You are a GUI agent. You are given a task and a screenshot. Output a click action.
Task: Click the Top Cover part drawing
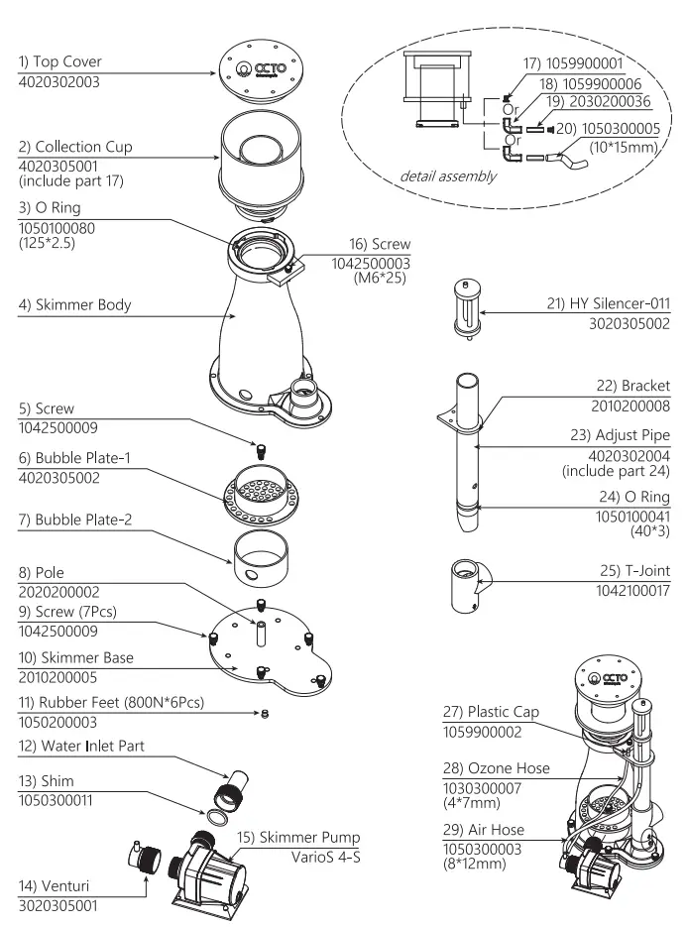click(260, 73)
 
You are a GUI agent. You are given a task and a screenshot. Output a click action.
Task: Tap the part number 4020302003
click(59, 81)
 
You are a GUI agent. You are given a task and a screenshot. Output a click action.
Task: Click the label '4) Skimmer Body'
click(75, 304)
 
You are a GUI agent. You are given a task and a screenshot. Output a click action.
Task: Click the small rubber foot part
click(264, 716)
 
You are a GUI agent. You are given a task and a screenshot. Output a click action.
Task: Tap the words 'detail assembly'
click(449, 176)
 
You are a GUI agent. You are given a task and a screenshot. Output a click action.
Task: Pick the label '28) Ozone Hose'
click(497, 768)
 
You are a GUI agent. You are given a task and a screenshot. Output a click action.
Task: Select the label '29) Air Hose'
click(484, 829)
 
